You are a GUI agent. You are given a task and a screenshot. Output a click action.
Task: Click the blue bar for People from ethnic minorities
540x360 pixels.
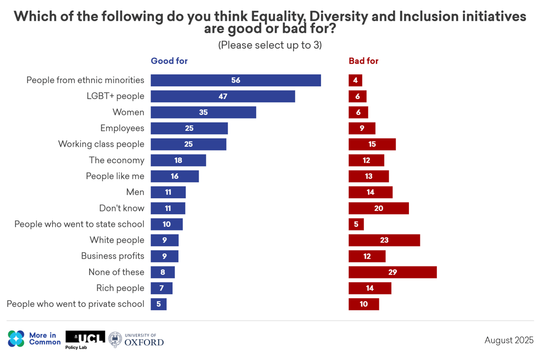tap(236, 81)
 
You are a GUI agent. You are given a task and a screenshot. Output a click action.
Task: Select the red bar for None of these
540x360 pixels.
tap(392, 272)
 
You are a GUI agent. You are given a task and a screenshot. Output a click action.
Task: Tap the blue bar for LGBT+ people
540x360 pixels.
tap(223, 97)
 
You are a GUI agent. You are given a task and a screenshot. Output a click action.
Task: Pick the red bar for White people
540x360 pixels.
tap(384, 240)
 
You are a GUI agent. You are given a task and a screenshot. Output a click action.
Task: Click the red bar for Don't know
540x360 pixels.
tap(378, 208)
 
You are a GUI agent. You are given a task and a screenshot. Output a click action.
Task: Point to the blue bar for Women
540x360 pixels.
tap(203, 112)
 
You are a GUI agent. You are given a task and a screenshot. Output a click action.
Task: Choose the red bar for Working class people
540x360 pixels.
tap(372, 144)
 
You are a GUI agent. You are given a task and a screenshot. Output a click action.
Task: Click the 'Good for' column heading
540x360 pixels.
tap(169, 61)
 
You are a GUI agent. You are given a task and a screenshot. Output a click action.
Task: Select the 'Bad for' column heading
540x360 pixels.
tap(364, 61)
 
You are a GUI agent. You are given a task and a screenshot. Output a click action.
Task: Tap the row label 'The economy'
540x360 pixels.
tap(117, 160)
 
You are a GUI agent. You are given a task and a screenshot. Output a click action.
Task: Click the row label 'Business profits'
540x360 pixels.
tap(113, 256)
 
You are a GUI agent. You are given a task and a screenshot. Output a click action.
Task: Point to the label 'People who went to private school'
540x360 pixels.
tap(76, 304)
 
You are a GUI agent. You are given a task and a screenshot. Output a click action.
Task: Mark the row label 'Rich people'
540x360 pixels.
tap(121, 288)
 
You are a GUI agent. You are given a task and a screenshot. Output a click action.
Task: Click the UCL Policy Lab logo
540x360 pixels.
tap(85, 339)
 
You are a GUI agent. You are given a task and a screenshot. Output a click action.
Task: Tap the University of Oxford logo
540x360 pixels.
tap(136, 340)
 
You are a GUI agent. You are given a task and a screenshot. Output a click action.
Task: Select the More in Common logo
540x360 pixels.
tap(34, 339)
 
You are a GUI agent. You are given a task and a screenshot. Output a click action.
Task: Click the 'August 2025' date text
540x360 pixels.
tap(509, 340)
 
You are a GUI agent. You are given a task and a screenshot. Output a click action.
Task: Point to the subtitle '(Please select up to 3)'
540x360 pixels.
tap(270, 45)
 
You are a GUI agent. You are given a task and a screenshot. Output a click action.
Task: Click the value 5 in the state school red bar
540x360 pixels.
tap(356, 224)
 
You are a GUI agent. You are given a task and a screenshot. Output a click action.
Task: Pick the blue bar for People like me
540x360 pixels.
tap(175, 176)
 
